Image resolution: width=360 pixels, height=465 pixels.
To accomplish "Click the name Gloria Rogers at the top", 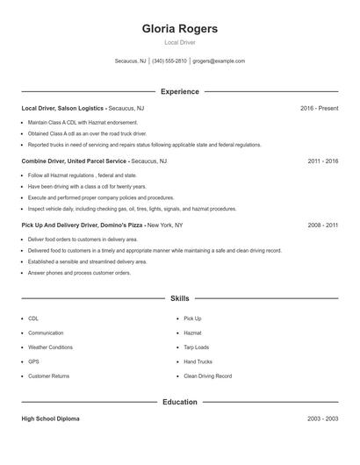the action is click(x=179, y=28).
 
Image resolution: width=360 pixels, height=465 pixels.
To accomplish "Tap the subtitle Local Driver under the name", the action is click(x=179, y=42).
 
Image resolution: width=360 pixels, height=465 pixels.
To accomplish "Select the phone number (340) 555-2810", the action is click(x=169, y=61).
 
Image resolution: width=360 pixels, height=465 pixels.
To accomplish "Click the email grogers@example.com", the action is click(x=219, y=61).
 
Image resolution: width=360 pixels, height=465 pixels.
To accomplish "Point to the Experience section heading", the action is click(x=179, y=91).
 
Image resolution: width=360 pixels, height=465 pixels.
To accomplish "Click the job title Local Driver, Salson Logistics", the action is click(x=63, y=108).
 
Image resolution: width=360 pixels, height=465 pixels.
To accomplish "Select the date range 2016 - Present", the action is click(x=319, y=108).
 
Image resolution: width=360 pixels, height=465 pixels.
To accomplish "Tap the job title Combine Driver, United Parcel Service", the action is click(x=75, y=161).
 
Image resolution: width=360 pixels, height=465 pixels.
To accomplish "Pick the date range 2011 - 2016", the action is click(x=322, y=161).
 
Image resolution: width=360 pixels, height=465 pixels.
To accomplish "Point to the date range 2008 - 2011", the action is click(x=322, y=225).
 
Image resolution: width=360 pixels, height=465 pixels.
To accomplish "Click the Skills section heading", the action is click(x=179, y=298).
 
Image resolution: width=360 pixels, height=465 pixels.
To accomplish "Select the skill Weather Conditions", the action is click(x=50, y=347).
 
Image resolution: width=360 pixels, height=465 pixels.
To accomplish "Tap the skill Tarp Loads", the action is click(x=197, y=347).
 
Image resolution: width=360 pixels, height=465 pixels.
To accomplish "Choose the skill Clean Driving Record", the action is click(x=207, y=376).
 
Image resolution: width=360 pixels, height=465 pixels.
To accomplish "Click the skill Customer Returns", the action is click(x=48, y=376).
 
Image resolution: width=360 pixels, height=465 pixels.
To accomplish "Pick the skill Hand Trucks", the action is click(x=198, y=361).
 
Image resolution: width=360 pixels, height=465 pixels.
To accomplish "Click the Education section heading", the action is click(x=179, y=402).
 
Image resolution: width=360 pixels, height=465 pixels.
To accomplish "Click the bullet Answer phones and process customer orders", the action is click(x=79, y=273).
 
